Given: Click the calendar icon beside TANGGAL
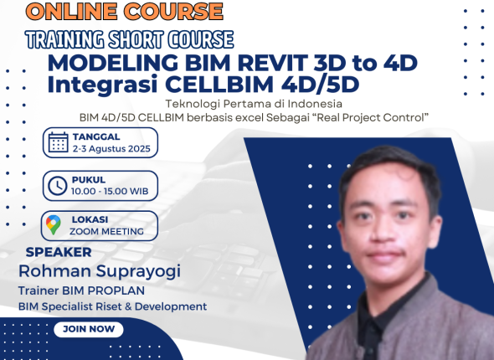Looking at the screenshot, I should coord(58,142).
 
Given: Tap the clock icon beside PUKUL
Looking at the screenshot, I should coord(57,185).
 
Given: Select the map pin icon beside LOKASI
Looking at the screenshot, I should coord(54,224).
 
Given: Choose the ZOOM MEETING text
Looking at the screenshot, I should coord(106,231).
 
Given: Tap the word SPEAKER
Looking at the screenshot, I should coord(59,251).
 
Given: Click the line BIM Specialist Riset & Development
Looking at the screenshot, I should coord(112,306).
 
